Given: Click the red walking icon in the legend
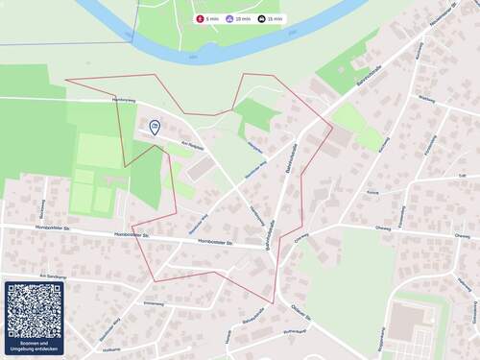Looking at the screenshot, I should click(200, 18).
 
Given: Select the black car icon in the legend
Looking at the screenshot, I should click(262, 18).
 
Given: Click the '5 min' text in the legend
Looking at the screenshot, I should click(212, 18).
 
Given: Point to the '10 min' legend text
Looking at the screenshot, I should click(244, 18).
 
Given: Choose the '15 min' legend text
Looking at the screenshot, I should click(276, 18).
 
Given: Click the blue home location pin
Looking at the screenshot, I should click(155, 126).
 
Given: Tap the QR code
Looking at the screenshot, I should click(35, 310).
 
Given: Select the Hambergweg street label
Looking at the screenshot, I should click(122, 99).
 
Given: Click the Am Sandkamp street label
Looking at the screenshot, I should click(52, 275).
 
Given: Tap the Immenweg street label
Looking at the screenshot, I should click(154, 303).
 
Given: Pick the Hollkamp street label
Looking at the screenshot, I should click(111, 349).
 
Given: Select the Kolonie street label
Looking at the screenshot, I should click(372, 192).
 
